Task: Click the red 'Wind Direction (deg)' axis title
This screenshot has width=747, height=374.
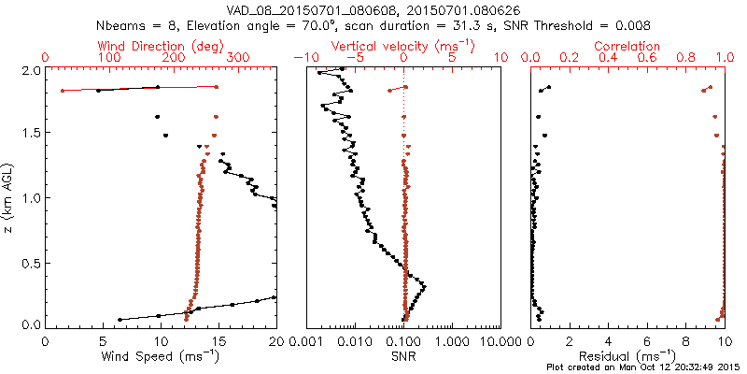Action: click(x=161, y=46)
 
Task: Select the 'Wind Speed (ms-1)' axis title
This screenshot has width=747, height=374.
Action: click(x=161, y=355)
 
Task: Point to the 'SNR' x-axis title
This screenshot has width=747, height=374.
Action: click(x=403, y=355)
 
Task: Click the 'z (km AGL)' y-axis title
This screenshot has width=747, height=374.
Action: click(x=10, y=197)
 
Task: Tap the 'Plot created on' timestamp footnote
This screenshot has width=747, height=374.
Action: click(x=644, y=367)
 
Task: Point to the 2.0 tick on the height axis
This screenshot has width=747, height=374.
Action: click(x=32, y=70)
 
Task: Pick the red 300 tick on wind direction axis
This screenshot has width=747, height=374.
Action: click(x=238, y=58)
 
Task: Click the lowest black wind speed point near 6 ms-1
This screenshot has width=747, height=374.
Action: click(x=120, y=320)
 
